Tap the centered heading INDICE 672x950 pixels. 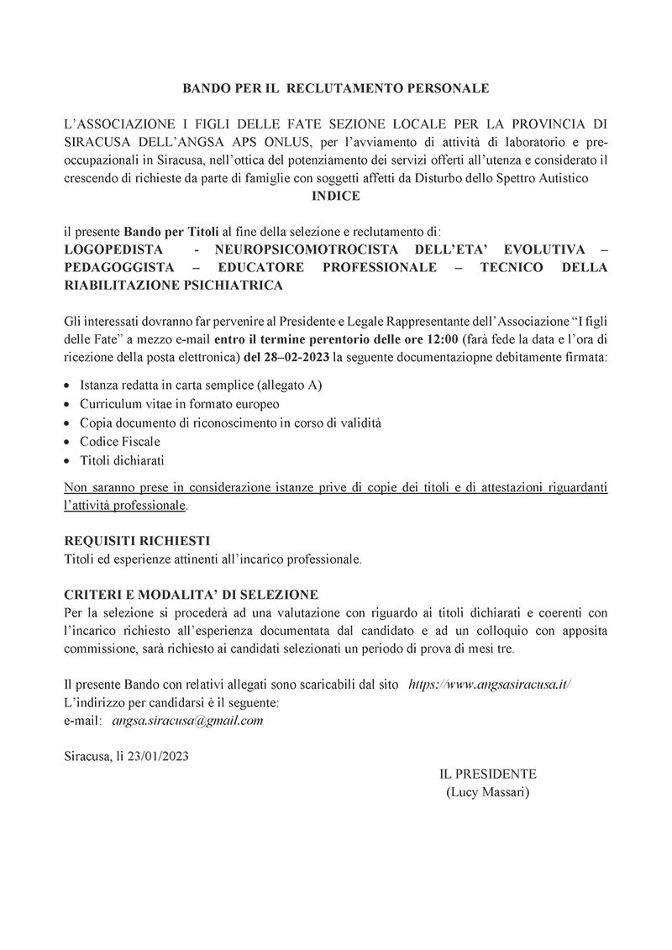[x=336, y=196]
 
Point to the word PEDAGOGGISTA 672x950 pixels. [x=118, y=268]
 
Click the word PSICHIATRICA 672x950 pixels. [x=230, y=286]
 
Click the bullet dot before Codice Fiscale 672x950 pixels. [x=68, y=442]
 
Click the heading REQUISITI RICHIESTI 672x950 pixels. [x=137, y=540]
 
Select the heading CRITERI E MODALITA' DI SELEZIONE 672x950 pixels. [x=191, y=595]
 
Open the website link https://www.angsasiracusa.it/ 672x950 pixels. [x=490, y=685]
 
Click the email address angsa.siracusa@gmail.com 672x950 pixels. [x=187, y=721]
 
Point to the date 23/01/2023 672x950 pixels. [x=157, y=756]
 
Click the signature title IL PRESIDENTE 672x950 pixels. [x=487, y=774]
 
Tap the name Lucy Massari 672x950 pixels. [x=487, y=792]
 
